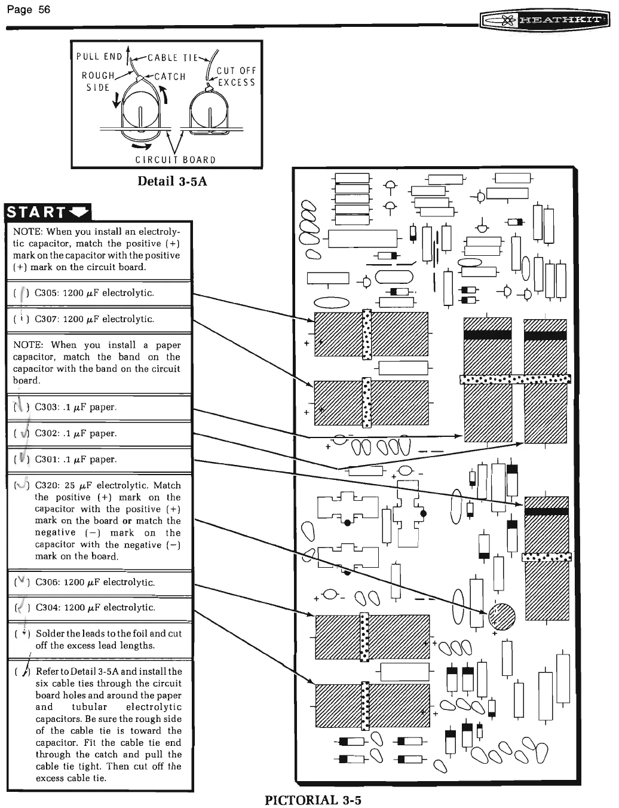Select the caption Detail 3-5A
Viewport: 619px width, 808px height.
click(172, 181)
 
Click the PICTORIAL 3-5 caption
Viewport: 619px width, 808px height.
click(313, 800)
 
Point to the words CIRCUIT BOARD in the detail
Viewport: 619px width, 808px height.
click(175, 160)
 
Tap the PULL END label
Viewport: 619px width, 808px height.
click(99, 57)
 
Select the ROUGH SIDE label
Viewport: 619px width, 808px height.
click(98, 81)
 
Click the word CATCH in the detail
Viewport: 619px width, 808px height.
click(170, 76)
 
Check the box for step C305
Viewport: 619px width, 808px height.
click(22, 293)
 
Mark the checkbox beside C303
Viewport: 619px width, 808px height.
click(22, 408)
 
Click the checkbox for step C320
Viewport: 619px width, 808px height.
click(22, 485)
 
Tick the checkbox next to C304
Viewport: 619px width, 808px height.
click(22, 608)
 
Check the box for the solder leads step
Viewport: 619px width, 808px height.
click(22, 633)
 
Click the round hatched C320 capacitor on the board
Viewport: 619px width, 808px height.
click(501, 616)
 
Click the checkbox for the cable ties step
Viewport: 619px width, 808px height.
click(22, 672)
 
